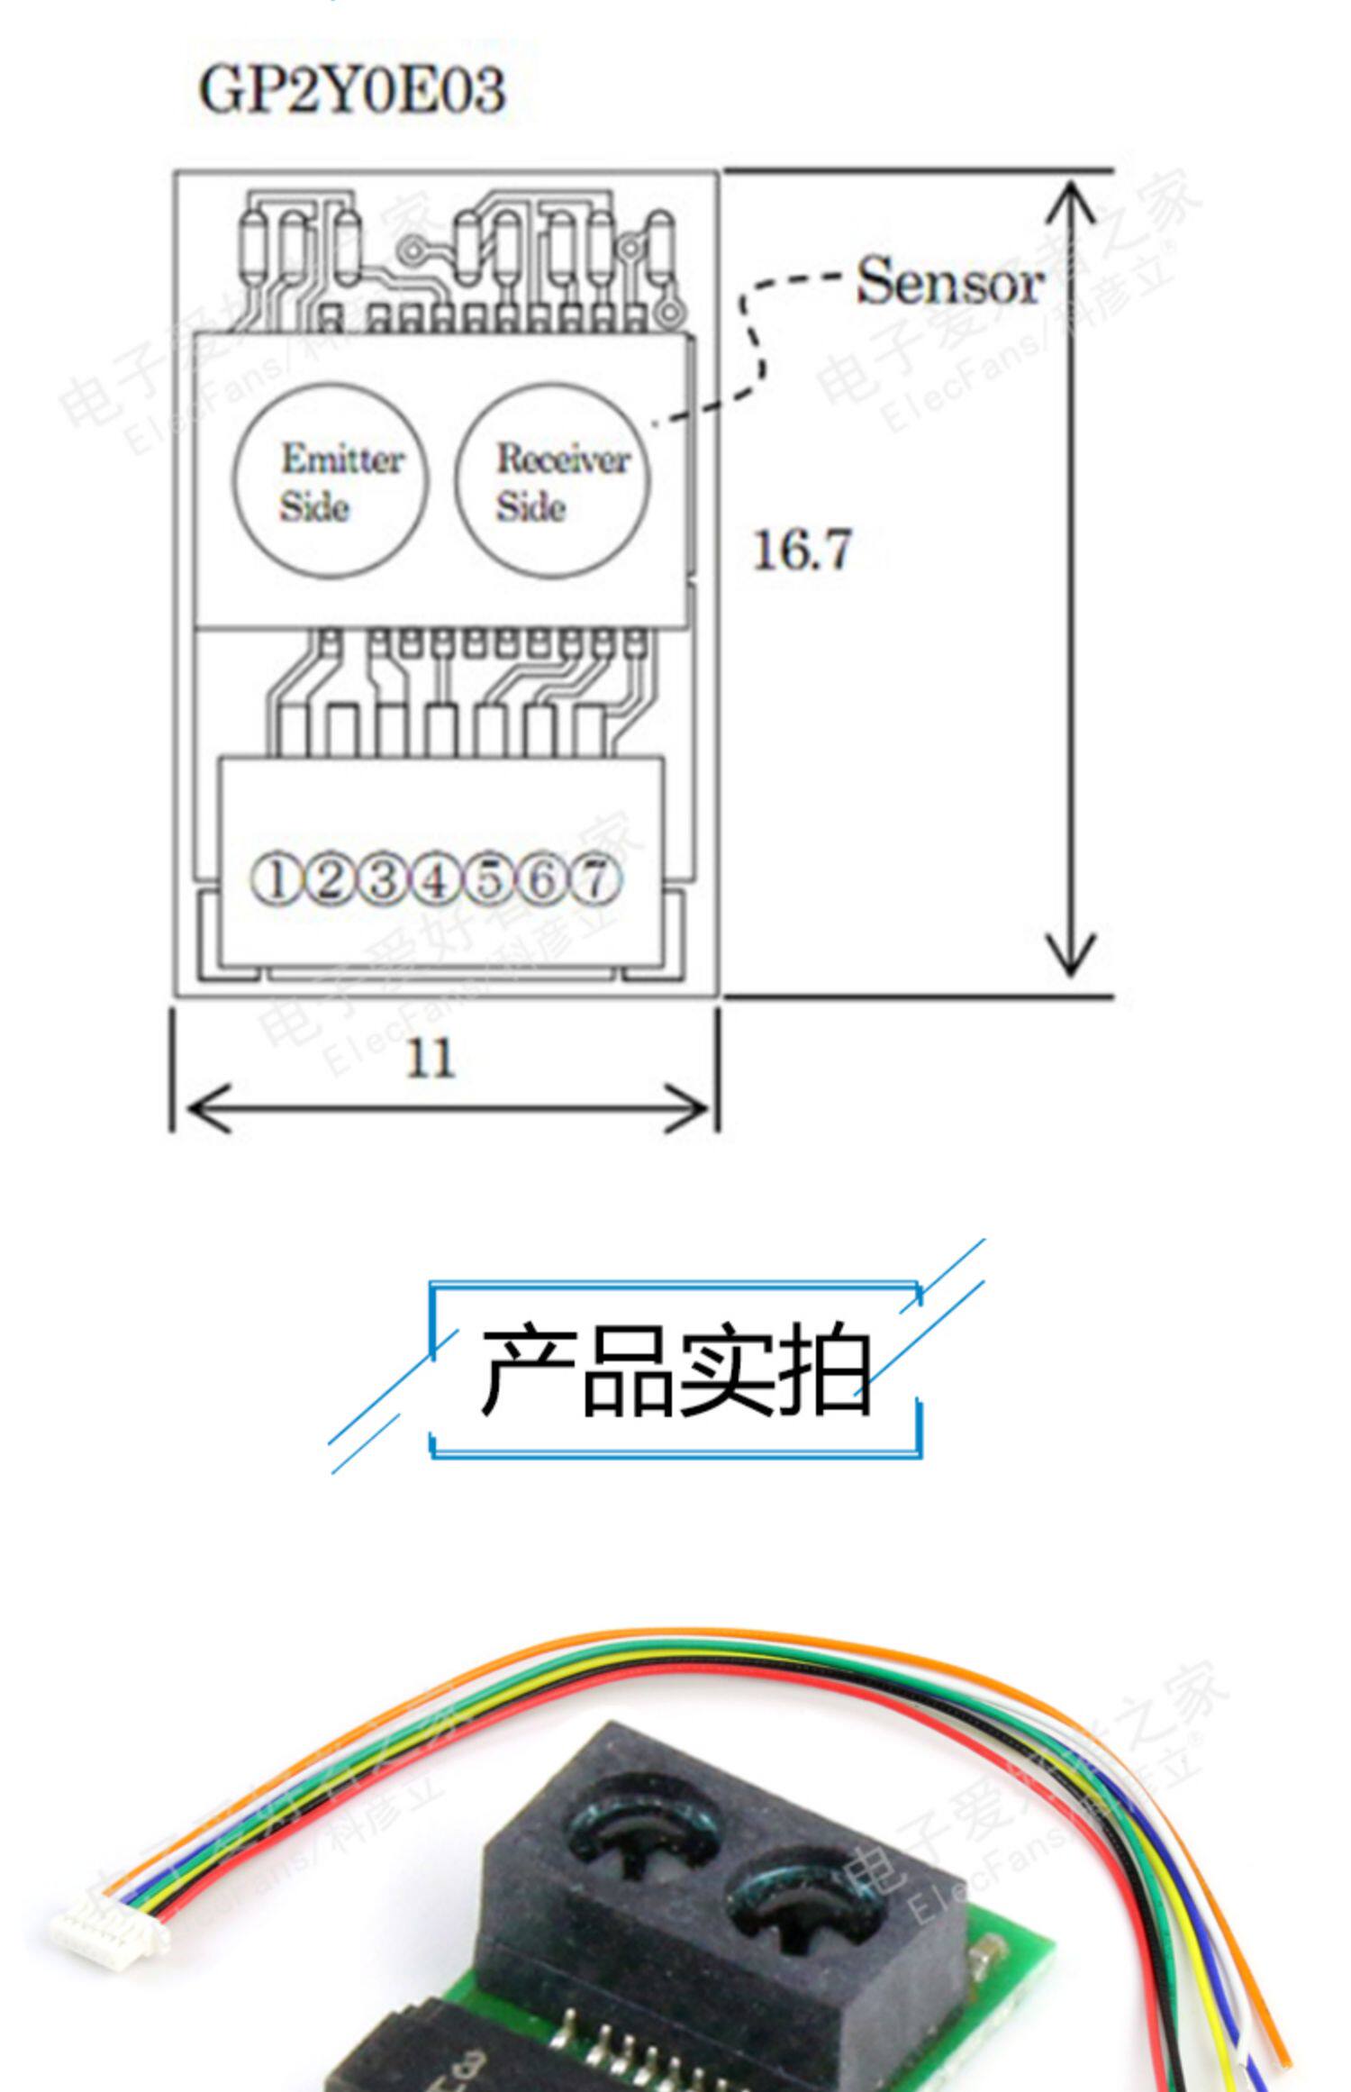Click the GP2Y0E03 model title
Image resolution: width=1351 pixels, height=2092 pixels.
tap(351, 90)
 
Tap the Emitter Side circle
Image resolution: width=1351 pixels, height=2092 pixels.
tap(331, 481)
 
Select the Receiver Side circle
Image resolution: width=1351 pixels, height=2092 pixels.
tap(551, 481)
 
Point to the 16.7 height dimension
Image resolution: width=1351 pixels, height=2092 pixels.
tap(801, 550)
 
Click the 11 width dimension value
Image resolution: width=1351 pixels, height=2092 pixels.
tap(430, 1059)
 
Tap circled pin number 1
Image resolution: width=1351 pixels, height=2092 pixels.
tap(276, 879)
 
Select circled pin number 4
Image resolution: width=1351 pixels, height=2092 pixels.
tap(436, 879)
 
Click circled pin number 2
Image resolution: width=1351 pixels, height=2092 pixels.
tap(330, 879)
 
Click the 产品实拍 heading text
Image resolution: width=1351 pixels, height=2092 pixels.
tap(675, 1369)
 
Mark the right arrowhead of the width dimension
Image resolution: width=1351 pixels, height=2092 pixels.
tap(689, 1109)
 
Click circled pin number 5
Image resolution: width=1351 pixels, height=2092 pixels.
tap(489, 879)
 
